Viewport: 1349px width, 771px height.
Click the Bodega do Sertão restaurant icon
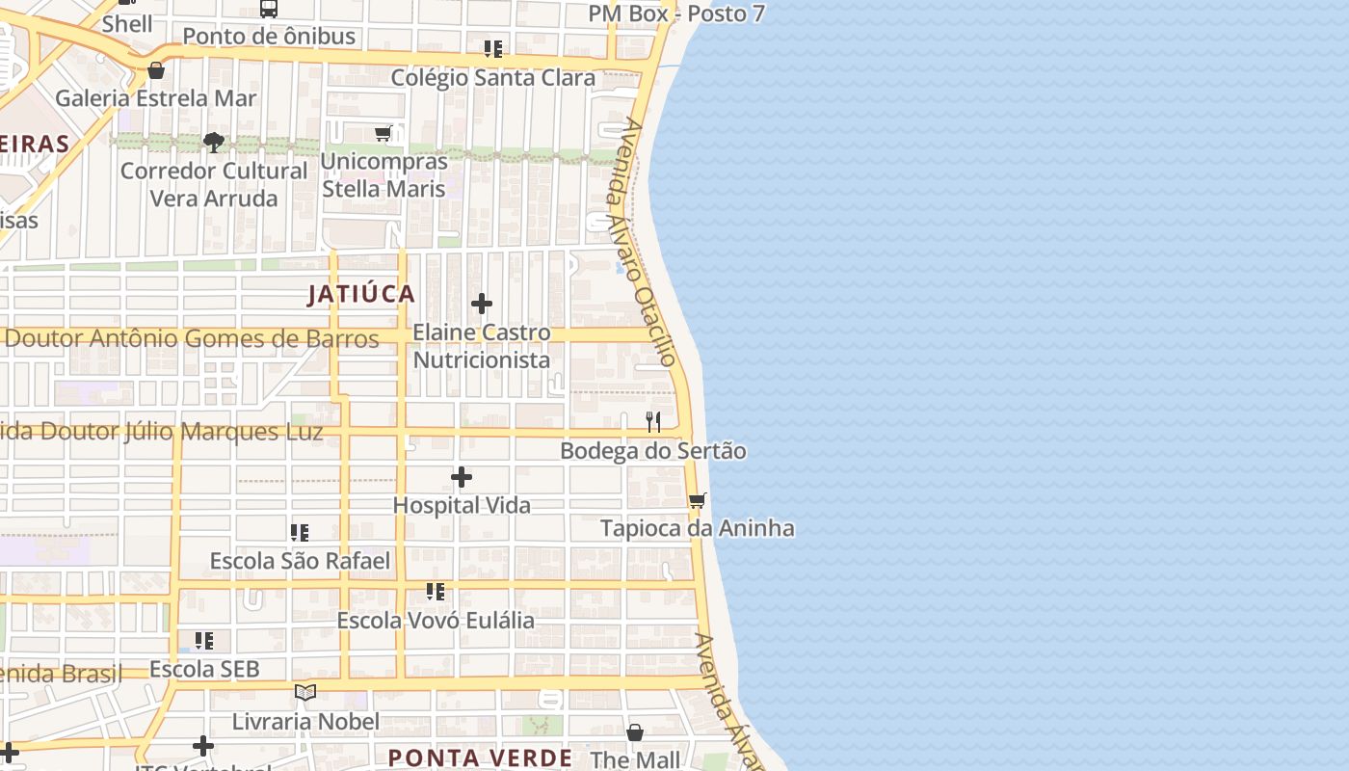coord(653,421)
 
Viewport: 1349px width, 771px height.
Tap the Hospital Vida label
coord(462,505)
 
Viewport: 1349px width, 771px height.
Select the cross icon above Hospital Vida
coord(462,476)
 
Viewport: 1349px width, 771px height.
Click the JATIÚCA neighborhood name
coord(361,294)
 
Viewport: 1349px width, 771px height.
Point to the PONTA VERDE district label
coord(480,758)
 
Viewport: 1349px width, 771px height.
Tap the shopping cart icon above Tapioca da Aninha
coord(697,499)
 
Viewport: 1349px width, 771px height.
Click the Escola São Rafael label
coord(300,561)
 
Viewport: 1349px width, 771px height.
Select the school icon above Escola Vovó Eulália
coord(436,591)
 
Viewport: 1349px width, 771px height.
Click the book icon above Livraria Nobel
coord(305,692)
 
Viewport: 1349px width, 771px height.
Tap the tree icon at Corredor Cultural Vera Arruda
coord(214,143)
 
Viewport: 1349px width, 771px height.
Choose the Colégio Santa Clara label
coord(492,78)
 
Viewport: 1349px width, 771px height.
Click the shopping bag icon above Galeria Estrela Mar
coord(156,69)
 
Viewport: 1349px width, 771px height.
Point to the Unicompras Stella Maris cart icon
coord(384,133)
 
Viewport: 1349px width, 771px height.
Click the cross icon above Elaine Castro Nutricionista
coord(482,304)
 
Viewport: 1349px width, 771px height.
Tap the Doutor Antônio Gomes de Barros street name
coord(192,338)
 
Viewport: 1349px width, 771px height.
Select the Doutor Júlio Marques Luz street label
coord(162,431)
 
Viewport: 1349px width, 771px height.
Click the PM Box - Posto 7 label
coord(676,13)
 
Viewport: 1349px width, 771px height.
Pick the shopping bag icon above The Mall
coord(635,732)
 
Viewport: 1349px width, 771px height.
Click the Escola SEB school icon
coord(203,640)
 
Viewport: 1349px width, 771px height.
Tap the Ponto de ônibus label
coord(269,37)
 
